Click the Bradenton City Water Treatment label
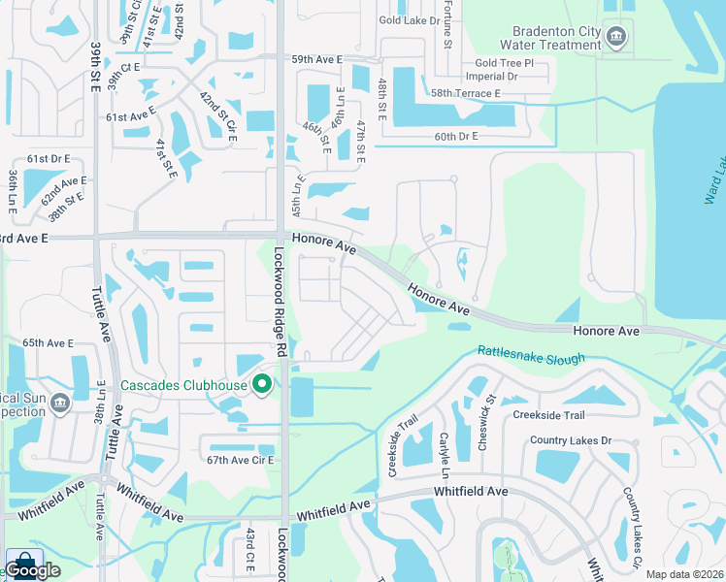550,37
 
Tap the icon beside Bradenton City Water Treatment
615,38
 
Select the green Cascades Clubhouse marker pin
261,385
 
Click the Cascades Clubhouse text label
184,385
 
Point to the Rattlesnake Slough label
531,355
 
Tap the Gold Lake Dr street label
411,19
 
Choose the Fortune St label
448,29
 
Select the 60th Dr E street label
456,137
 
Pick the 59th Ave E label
317,59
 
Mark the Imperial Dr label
492,76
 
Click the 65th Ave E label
49,343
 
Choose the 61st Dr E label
49,158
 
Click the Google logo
33,570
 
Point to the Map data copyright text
685,574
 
